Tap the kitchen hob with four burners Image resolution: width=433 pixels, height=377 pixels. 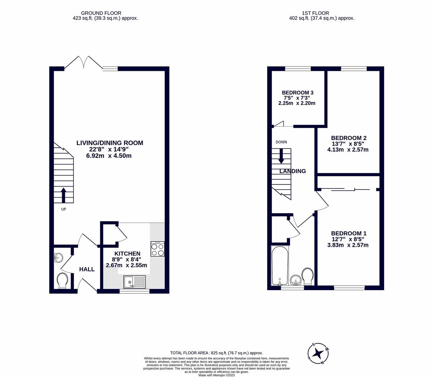157,249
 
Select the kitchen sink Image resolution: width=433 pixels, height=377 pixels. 134,281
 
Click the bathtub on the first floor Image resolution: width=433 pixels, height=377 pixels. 280,266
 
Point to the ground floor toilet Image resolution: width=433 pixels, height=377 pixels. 63,280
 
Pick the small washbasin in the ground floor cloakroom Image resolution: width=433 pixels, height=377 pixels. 58,258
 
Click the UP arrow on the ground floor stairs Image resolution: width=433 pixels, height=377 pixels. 64,195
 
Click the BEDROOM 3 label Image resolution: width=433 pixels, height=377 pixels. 298,93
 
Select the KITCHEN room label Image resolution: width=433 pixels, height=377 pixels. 127,253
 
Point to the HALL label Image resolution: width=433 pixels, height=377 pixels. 87,269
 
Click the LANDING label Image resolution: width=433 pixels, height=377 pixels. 293,171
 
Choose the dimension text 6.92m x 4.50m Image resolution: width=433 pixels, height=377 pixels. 109,156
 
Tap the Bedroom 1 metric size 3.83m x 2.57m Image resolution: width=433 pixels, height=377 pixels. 347,245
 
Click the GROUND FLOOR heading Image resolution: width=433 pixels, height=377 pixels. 101,13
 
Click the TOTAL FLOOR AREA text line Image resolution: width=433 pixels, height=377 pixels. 216,353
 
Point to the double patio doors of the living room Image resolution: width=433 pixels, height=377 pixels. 83,63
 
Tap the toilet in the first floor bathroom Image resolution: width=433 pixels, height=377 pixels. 308,275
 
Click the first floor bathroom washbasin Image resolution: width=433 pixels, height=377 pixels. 296,280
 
